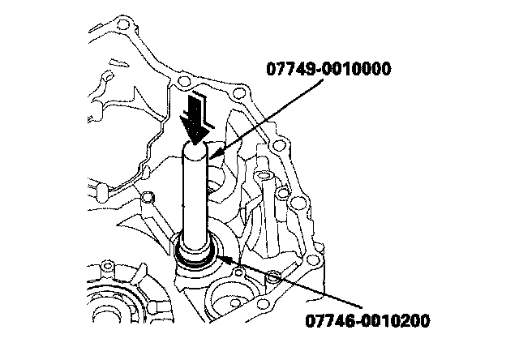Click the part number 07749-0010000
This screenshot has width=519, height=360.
click(330, 68)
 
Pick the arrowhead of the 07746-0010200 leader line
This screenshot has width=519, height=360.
click(221, 258)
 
